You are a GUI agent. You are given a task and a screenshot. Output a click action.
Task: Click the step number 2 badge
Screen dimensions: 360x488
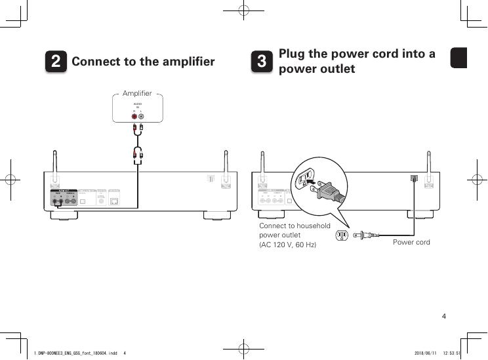click(57, 62)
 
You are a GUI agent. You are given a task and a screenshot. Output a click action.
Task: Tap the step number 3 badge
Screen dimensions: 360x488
click(262, 62)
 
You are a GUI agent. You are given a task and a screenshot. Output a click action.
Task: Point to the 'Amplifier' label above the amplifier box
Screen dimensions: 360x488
click(137, 94)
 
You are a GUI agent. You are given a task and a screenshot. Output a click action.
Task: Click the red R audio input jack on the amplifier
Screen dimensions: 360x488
click(134, 117)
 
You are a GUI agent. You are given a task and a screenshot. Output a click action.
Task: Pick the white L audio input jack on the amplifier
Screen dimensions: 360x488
click(141, 117)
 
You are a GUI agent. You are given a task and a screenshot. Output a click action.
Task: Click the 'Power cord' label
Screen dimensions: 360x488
click(411, 243)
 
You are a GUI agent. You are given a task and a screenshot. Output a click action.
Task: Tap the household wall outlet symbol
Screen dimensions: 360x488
click(341, 235)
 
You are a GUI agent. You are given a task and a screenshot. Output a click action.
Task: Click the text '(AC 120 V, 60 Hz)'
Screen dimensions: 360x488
click(288, 245)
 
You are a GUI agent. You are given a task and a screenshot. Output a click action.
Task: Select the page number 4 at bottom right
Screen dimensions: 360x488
click(444, 317)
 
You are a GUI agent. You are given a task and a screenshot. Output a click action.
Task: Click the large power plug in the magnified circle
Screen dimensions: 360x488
click(329, 191)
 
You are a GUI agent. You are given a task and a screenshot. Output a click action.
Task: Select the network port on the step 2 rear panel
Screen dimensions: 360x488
click(114, 201)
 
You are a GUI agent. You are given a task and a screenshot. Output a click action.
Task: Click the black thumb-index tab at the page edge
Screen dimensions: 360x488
click(458, 58)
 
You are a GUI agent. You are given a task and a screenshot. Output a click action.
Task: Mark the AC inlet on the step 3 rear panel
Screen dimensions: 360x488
click(413, 178)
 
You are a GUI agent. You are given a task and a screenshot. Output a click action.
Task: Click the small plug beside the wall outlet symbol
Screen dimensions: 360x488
click(363, 235)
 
